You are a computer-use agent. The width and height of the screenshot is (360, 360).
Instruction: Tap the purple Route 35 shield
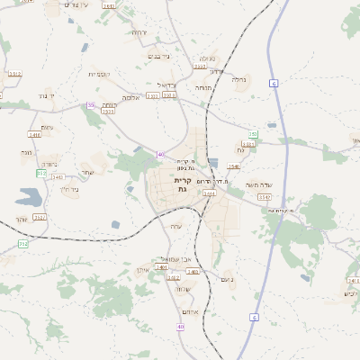(x=90, y=105)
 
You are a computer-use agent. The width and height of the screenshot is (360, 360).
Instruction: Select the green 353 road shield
(x=253, y=134)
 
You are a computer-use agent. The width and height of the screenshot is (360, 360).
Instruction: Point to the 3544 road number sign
(x=209, y=193)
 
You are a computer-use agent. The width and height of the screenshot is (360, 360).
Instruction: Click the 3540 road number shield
(x=234, y=166)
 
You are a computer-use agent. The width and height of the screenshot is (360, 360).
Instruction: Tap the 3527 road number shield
(x=39, y=217)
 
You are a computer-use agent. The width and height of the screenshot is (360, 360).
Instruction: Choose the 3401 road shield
(x=162, y=267)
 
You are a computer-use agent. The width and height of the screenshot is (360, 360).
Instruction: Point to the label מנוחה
(x=202, y=87)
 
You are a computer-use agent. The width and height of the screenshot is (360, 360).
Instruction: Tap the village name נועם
(x=227, y=280)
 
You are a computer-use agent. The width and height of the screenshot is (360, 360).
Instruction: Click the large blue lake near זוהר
(x=27, y=197)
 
